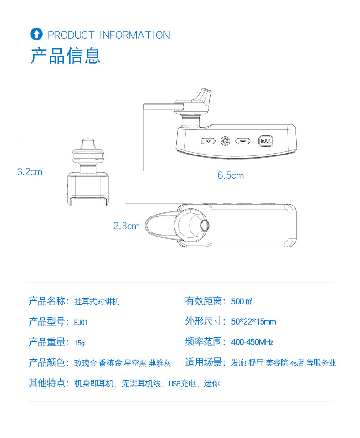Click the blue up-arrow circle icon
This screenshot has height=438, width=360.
tap(36, 34)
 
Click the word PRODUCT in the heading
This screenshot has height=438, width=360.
tap(71, 35)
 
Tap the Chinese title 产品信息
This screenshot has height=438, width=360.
tap(65, 56)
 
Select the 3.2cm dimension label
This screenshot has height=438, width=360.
tap(30, 171)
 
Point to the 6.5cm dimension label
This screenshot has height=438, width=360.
tap(231, 175)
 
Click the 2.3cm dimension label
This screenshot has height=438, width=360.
tap(126, 226)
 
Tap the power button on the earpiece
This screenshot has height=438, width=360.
tap(225, 141)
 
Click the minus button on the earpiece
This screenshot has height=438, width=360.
tap(243, 141)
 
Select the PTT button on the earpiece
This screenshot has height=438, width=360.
tap(266, 141)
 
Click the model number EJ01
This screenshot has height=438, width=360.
tap(81, 322)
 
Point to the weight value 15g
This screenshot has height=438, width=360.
tap(80, 343)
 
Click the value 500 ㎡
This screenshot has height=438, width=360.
tap(242, 301)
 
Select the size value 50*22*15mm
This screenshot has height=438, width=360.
tap(253, 321)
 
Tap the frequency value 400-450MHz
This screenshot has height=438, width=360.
tap(252, 342)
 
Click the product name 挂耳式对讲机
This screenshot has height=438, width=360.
tap(97, 302)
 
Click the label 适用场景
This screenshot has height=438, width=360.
tap(204, 362)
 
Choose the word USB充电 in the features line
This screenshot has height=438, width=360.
tap(182, 383)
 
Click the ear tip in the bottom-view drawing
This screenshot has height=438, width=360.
tap(205, 225)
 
